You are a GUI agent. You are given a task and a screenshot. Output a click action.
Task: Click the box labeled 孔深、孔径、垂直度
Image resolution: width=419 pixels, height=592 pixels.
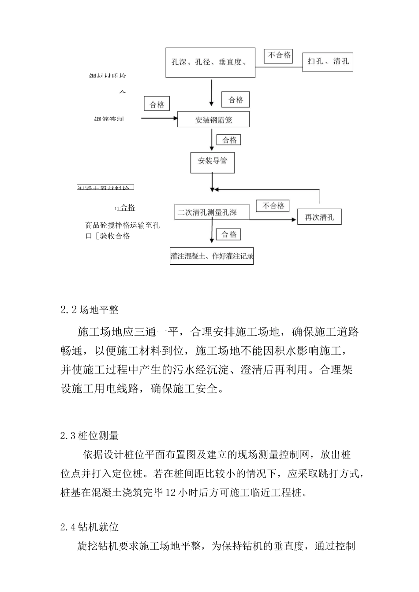pos(211,62)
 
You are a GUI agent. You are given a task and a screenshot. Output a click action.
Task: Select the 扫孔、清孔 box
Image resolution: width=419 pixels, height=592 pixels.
pos(328,61)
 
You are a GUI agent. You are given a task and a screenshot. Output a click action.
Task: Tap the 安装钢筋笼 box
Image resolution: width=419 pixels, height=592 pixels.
pos(213,119)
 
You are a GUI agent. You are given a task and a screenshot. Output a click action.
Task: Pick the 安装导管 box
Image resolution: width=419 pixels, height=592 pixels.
pos(212,161)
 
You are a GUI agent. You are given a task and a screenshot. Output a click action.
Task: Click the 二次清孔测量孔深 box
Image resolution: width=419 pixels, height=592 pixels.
pos(212,212)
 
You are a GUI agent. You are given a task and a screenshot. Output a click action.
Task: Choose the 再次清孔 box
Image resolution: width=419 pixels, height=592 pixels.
pos(319,217)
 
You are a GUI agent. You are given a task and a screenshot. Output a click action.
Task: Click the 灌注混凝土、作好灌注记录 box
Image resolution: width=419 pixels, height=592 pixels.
pos(212,256)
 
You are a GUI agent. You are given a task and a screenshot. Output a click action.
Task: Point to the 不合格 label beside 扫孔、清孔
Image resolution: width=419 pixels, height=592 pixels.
pos(280,55)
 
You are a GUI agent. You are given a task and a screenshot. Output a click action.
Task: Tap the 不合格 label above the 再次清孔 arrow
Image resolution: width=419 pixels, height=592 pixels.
pos(273,206)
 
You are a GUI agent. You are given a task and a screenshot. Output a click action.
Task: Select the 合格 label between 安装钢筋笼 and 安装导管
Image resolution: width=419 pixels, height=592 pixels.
pos(229,140)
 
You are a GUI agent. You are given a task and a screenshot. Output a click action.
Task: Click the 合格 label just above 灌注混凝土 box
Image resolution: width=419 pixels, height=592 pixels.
pos(229,234)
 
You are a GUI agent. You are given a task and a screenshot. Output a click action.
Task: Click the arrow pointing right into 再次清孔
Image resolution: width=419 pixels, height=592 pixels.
pos(273,219)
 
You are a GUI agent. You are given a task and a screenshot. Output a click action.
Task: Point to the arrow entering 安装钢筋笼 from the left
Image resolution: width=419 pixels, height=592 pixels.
pos(159,118)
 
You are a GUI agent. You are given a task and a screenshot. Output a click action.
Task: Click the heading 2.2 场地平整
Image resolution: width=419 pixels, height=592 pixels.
pos(90,310)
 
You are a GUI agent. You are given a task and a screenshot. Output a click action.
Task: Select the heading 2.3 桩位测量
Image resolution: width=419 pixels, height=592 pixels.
pos(90,436)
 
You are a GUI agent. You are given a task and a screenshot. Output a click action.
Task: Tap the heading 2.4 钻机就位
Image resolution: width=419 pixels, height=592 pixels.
pos(90,527)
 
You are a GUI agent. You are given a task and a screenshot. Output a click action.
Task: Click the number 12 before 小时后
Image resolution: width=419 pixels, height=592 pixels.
pos(171,492)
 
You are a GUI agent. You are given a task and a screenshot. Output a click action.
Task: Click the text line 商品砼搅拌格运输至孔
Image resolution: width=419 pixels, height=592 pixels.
pos(123,225)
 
